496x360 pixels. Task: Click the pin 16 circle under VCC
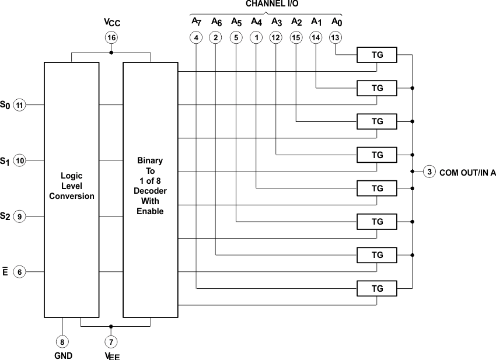(111, 37)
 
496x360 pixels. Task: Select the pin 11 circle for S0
(20, 105)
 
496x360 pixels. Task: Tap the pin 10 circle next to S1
(20, 160)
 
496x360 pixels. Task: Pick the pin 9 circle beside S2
(20, 216)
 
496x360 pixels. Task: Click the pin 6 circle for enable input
(20, 272)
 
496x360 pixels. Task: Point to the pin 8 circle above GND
(62, 341)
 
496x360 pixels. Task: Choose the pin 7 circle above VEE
(111, 341)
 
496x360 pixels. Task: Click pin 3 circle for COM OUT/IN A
(429, 172)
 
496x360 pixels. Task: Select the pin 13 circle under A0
(335, 37)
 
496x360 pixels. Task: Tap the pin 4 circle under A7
(196, 37)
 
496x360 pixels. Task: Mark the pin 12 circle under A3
(275, 37)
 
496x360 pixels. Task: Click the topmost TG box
(378, 55)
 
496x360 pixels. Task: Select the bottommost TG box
(378, 288)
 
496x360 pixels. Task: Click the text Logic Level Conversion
(71, 186)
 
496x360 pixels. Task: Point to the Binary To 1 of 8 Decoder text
(151, 186)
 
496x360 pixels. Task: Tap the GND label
(62, 355)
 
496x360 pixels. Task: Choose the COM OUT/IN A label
(467, 172)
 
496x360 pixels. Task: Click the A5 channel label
(236, 22)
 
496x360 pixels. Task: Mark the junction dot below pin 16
(111, 53)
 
